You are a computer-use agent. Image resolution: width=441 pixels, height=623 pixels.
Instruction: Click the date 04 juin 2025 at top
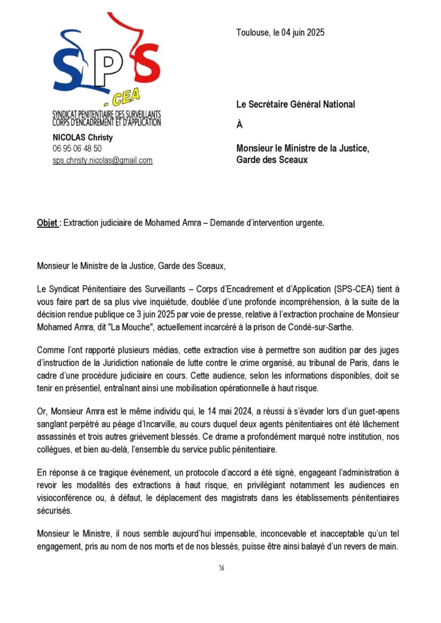(x=302, y=32)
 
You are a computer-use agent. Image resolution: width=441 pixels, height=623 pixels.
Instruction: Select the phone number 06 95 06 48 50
(x=77, y=148)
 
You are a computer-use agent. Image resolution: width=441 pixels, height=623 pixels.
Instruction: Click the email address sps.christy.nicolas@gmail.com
(x=102, y=160)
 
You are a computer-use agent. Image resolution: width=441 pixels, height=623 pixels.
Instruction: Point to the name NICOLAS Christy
(x=82, y=137)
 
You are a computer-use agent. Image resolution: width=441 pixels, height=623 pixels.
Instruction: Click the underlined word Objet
(x=48, y=223)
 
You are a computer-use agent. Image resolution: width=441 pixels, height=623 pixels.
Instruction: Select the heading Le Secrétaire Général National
(x=295, y=104)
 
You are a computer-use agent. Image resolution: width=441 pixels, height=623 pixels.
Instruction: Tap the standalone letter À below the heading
(x=239, y=125)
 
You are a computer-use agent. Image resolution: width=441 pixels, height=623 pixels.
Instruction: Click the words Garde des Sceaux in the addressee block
(x=272, y=159)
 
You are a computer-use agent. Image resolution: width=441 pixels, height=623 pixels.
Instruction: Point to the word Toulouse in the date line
(x=252, y=32)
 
